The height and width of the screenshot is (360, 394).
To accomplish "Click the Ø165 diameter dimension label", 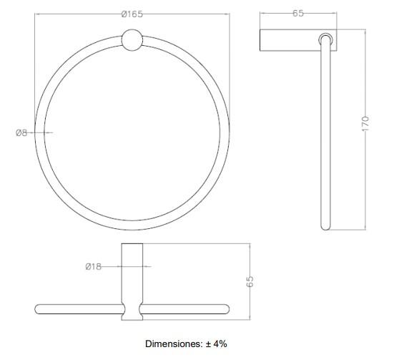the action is coord(132,14).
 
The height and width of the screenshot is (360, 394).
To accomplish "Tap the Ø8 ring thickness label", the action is coord(21,132).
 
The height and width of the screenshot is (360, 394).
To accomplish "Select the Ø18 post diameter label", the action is coord(94,266).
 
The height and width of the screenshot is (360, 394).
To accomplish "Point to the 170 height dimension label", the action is coord(365,123).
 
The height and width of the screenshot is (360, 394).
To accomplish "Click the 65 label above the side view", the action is coord(298,13).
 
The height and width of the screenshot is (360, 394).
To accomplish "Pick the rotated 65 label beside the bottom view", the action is coord(250,281).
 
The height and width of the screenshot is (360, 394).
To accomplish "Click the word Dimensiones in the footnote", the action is coord(174,344).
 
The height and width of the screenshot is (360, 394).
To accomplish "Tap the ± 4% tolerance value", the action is coord(217,344).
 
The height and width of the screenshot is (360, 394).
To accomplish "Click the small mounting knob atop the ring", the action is coord(132,40).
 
